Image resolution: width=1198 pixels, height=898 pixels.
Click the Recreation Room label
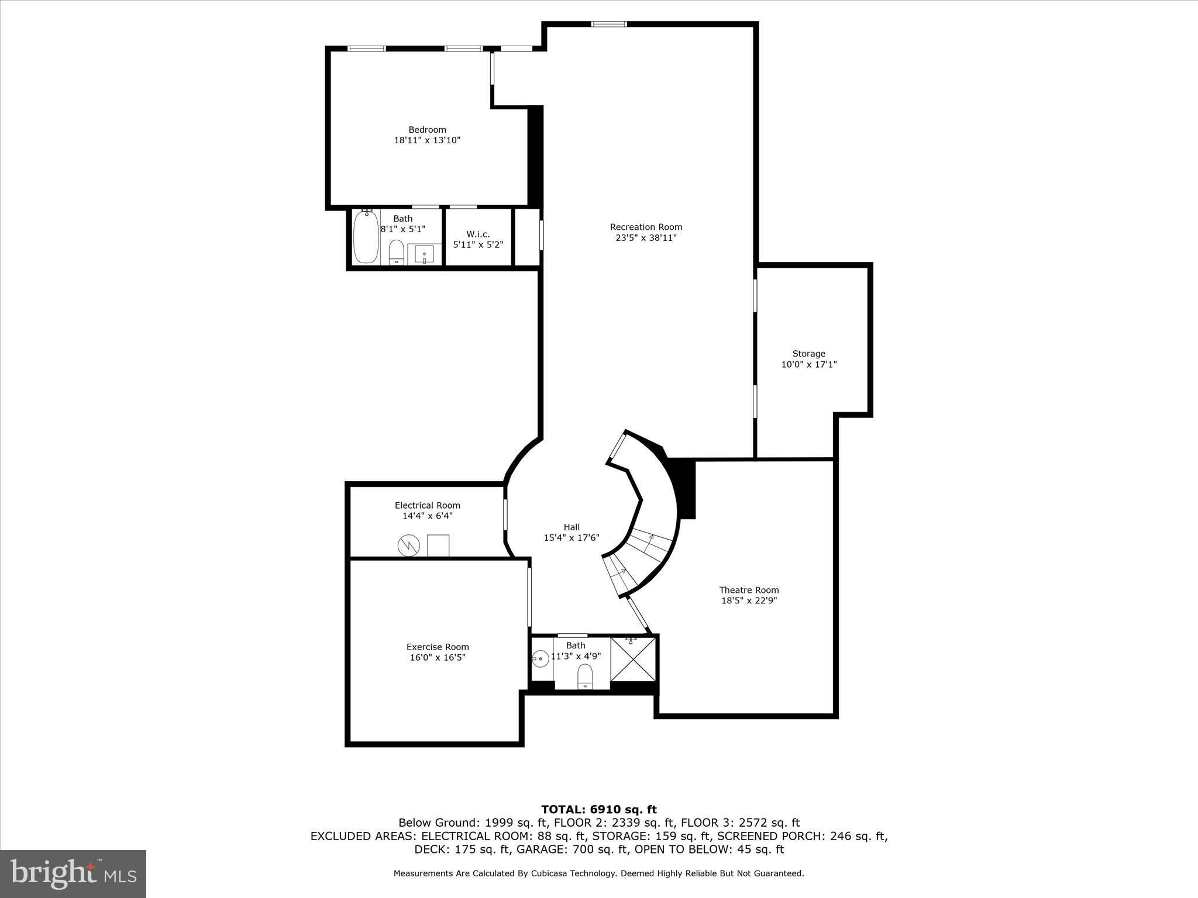coord(646,227)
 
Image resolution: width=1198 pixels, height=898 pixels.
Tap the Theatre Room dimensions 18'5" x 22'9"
coord(749,600)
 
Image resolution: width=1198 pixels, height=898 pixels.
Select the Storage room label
coord(808,353)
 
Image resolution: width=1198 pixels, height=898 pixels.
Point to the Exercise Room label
coord(438,647)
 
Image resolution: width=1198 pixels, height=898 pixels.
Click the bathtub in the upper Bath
coord(366,237)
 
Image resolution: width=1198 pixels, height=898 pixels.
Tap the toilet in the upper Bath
coord(397,252)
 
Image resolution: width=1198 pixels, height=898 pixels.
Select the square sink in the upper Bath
coord(424,254)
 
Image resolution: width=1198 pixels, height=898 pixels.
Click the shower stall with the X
coord(633,659)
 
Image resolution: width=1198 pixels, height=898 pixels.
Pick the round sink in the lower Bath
coord(540,659)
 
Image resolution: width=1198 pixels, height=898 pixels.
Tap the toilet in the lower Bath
coord(585,677)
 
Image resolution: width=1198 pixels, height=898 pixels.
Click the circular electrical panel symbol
coord(409,545)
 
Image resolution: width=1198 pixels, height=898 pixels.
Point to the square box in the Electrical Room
coord(438,545)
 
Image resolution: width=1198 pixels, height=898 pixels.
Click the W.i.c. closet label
coord(478,234)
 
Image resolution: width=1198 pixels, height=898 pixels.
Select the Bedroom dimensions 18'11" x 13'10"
coord(427,140)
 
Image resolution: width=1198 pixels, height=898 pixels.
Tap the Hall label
coord(572,527)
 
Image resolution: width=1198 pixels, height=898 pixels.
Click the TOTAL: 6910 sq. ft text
coord(598,809)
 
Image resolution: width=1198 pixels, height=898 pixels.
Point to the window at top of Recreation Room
coord(608,24)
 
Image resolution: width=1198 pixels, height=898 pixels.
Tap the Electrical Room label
coord(427,505)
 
